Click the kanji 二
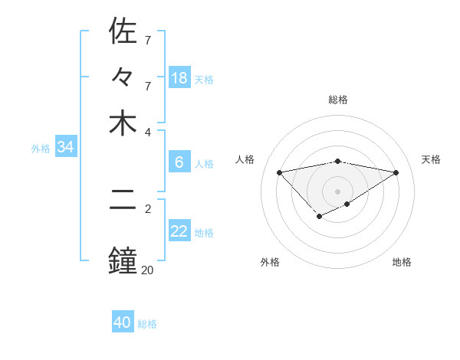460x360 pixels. (x=123, y=209)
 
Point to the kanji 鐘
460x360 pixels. (x=123, y=261)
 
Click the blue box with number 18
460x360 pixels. (x=179, y=77)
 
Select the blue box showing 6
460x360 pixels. (x=179, y=162)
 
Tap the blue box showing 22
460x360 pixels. (x=179, y=231)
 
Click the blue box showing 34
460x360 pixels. (x=65, y=147)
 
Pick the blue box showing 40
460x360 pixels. (x=123, y=322)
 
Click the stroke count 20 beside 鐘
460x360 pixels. (x=147, y=270)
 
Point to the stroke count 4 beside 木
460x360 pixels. (x=147, y=132)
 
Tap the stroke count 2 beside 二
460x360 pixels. (x=147, y=208)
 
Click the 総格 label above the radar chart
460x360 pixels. (x=338, y=100)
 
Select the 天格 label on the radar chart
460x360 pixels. (x=431, y=159)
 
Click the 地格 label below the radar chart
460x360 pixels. (x=402, y=262)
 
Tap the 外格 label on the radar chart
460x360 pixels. (x=270, y=262)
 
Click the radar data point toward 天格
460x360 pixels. (x=396, y=172)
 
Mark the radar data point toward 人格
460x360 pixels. (x=280, y=172)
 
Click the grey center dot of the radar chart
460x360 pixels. (x=338, y=191)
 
